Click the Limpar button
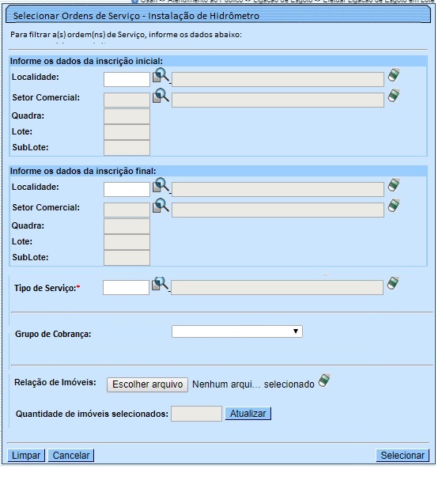(26, 456)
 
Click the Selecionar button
(403, 456)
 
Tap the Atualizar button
(248, 414)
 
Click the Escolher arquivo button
(148, 384)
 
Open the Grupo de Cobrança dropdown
(237, 332)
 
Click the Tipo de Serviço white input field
(127, 288)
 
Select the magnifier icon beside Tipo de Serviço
(161, 284)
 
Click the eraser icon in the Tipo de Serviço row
(393, 284)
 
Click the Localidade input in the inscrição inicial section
(127, 78)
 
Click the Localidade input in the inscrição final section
(127, 189)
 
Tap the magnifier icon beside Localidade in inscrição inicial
(161, 75)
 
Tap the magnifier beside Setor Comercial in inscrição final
(161, 206)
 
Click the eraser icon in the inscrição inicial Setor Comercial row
(394, 96)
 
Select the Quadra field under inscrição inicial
(127, 117)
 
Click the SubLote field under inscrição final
(127, 258)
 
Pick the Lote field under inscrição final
(127, 243)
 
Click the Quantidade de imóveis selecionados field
(196, 414)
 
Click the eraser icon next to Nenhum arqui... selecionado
(324, 380)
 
